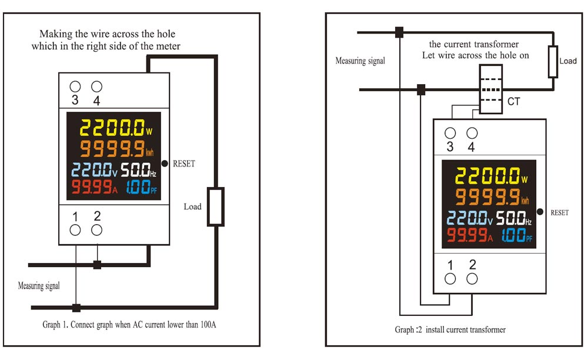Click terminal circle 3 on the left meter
[x=75, y=86]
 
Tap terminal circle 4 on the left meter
[x=97, y=86]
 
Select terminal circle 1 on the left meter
[x=75, y=230]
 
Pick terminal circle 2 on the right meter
[x=472, y=279]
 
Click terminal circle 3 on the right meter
[x=450, y=133]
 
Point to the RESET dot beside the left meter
[x=165, y=164]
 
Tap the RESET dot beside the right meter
[x=540, y=212]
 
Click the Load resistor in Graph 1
[x=216, y=206]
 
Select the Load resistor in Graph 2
[x=553, y=62]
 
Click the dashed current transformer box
[x=491, y=89]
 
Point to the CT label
[x=514, y=102]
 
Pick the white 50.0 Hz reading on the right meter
[x=514, y=218]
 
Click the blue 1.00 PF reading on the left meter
[x=141, y=186]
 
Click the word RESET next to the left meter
[x=184, y=164]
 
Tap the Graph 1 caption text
[x=129, y=325]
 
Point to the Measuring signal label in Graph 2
[x=360, y=61]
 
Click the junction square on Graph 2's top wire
[x=399, y=32]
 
